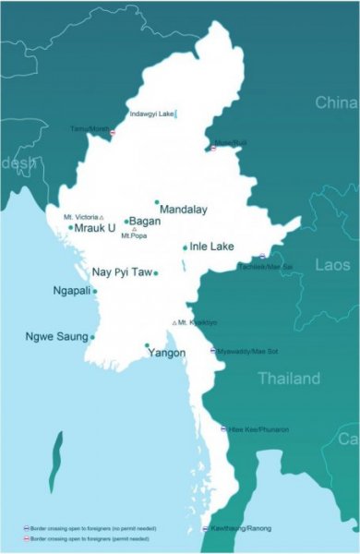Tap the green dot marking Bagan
[x=126, y=222]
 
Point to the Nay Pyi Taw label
[x=121, y=272]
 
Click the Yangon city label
[x=166, y=354]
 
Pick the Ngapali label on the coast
[x=72, y=291]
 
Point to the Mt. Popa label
[x=134, y=236]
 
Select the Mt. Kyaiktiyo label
[x=198, y=322]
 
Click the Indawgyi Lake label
[x=151, y=114]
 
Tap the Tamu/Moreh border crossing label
[x=90, y=128]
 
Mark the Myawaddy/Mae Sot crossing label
[x=244, y=351]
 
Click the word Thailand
[x=289, y=379]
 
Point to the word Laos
[x=332, y=265]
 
